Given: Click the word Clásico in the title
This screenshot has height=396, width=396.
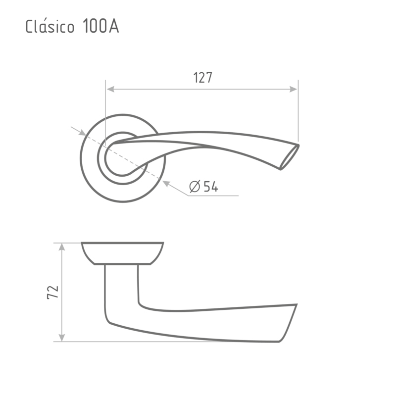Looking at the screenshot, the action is point(50,26).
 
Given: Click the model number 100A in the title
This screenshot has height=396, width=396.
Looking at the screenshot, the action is point(100,26).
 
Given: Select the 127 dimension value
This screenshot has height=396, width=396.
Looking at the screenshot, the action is point(203,78).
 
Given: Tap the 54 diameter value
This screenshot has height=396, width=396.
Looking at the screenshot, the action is point(211,187).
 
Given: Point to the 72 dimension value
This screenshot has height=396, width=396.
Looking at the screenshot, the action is point(53,293).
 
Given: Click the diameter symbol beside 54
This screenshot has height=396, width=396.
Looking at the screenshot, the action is point(195,187).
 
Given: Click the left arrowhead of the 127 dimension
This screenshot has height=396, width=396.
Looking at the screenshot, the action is point(110,89).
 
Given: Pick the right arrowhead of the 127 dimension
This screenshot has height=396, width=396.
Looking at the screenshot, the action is point(293,89).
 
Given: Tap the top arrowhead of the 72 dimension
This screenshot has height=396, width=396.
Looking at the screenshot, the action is point(62,247).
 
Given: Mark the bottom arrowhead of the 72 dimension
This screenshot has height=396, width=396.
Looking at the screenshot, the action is point(62,338).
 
